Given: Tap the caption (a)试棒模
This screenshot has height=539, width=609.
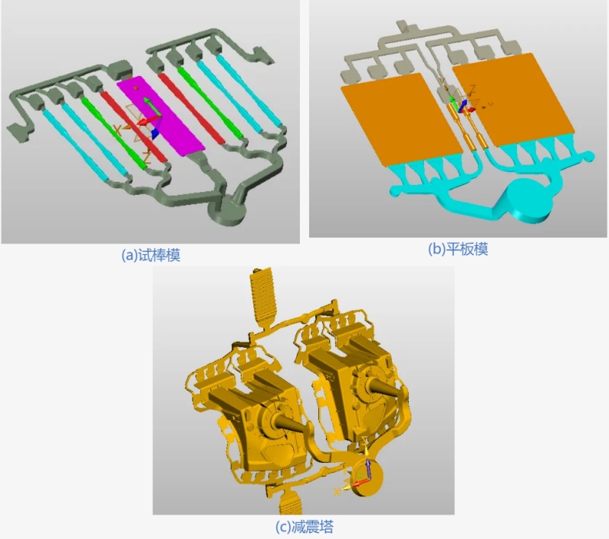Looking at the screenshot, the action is (x=151, y=255).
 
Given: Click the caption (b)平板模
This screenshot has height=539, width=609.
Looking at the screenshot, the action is (x=458, y=249).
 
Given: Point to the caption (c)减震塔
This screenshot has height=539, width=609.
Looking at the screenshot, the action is (x=304, y=528).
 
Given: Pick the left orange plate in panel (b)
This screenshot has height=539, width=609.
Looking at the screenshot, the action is (x=402, y=120).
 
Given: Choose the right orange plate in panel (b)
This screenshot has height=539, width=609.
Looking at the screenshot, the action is (x=513, y=99).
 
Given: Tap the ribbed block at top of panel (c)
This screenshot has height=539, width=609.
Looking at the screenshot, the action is (x=263, y=296).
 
